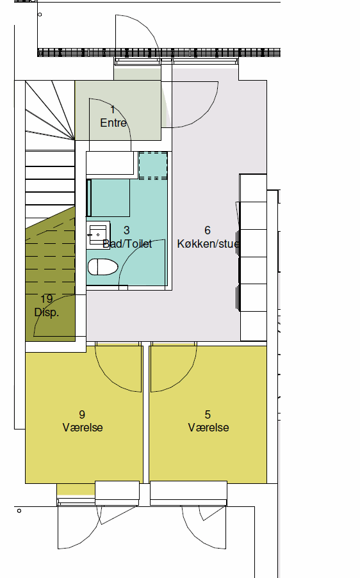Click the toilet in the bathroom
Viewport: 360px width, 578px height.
[103, 267]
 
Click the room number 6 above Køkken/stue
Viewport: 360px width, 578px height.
[208, 230]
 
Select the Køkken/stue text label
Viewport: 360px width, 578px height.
[208, 244]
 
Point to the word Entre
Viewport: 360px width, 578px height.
[113, 123]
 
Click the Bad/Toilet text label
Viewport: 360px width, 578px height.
[127, 244]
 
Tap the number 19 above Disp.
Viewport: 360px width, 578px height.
[47, 298]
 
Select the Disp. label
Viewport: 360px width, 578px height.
[47, 312]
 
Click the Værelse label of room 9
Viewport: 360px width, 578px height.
[83, 428]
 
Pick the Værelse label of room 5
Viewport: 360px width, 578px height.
[208, 428]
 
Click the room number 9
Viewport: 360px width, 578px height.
[82, 414]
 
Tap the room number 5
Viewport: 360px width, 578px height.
[208, 414]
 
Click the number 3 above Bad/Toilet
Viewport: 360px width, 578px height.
[127, 230]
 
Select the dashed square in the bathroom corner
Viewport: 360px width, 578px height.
[153, 166]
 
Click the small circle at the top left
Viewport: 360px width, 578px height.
[40, 15]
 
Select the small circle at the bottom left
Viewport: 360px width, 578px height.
[19, 511]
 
